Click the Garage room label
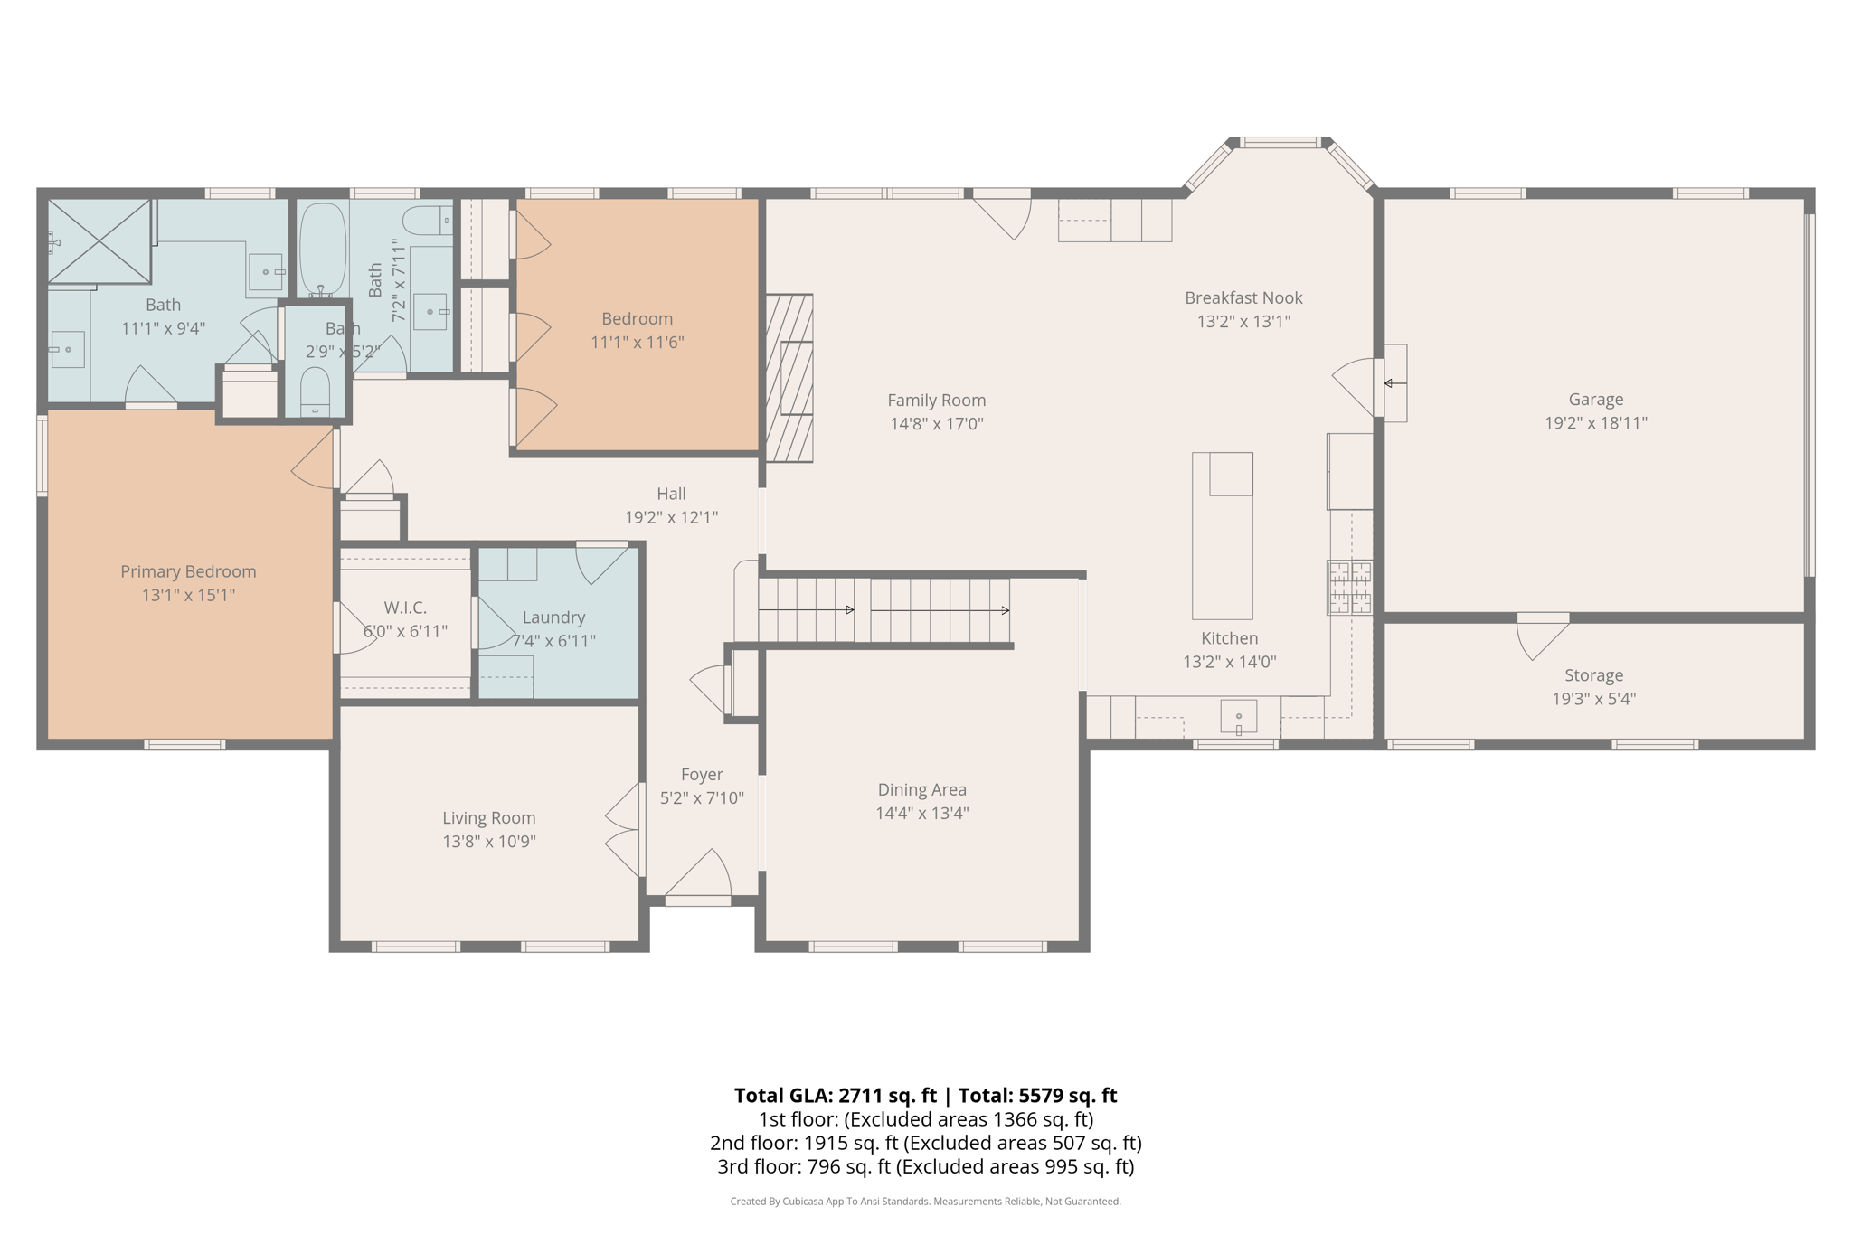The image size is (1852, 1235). (x=1595, y=399)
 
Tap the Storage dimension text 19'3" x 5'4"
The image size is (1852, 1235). (x=1593, y=699)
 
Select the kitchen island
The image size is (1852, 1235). (x=1222, y=535)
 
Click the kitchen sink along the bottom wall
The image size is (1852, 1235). (x=1238, y=717)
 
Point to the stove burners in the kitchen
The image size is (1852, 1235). (x=1349, y=588)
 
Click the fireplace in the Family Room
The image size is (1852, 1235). (x=789, y=378)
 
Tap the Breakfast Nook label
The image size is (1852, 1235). (x=1243, y=297)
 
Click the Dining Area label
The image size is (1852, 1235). (x=921, y=789)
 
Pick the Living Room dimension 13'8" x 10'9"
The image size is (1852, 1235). (x=488, y=842)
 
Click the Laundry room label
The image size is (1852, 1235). (x=553, y=617)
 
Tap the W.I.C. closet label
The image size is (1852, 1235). (x=405, y=608)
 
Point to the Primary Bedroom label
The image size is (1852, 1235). (x=188, y=571)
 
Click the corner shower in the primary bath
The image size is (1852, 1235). (x=99, y=240)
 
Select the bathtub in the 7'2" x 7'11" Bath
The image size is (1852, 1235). (x=322, y=249)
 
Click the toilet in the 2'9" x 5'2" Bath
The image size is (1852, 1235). (x=315, y=391)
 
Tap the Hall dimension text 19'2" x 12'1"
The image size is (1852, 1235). (x=671, y=517)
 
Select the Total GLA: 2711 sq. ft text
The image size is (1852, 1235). (x=835, y=1096)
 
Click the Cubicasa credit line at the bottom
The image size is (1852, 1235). (x=925, y=1202)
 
